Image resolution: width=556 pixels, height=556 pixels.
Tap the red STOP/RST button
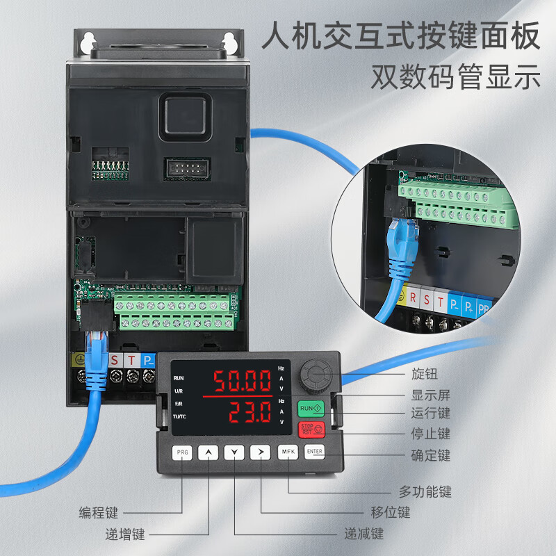pos(311,429)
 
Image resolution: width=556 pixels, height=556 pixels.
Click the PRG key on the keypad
pos(182,452)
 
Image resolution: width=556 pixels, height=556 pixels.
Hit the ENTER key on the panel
pos(315,452)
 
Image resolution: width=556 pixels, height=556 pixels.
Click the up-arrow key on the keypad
pos(208,452)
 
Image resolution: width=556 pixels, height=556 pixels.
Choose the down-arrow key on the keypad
pos(235,452)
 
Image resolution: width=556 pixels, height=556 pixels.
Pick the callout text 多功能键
pos(425,492)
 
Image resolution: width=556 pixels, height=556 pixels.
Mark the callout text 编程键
pos(98,513)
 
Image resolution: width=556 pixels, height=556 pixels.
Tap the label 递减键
pos(364,534)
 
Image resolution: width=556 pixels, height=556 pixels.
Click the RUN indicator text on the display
pos(179,378)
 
